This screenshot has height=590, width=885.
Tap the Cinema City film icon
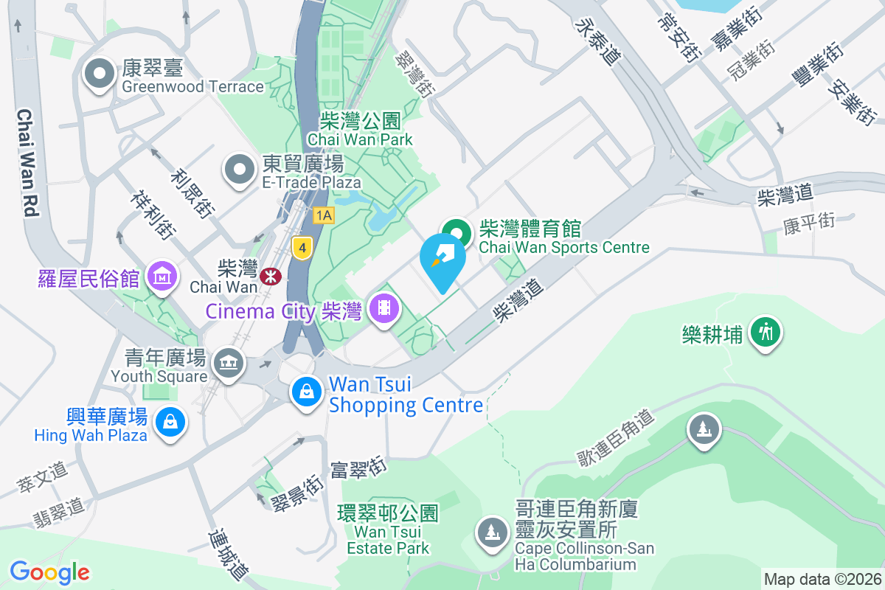[x=383, y=308]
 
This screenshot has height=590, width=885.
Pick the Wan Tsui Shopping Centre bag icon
[x=306, y=391]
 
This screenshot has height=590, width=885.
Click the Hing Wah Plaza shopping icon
[x=170, y=423]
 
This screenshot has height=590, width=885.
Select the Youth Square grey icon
[x=229, y=363]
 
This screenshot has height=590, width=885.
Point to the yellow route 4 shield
[x=301, y=248]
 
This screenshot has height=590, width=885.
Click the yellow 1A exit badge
[x=323, y=215]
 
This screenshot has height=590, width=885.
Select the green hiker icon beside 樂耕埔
[x=766, y=333]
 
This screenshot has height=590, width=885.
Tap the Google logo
[x=49, y=572]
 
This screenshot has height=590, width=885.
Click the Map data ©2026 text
[x=822, y=580]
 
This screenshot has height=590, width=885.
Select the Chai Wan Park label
[x=360, y=130]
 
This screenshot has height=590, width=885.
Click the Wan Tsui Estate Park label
[x=388, y=531]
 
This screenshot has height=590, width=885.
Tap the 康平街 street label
[x=809, y=222]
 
